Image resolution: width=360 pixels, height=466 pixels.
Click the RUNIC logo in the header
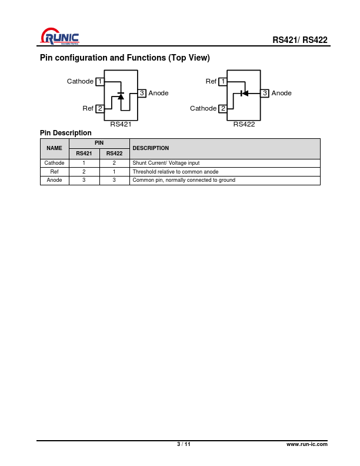point(60,36)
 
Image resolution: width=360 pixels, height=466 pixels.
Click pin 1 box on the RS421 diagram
point(100,81)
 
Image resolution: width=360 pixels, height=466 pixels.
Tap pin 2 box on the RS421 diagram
point(100,108)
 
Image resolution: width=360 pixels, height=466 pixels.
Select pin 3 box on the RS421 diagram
point(142,93)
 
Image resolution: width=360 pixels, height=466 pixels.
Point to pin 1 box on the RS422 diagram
point(223,81)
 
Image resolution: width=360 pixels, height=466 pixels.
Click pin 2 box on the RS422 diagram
point(223,108)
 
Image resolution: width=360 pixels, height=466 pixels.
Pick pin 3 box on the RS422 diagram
point(265,93)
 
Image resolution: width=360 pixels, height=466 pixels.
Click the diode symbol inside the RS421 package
point(121,96)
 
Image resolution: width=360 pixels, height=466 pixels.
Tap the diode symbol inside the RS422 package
point(244,94)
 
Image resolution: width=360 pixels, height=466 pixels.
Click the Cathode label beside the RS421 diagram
point(80,81)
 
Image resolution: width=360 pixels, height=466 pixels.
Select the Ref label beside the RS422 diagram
point(211,81)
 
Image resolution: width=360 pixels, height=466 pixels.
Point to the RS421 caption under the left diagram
point(121,124)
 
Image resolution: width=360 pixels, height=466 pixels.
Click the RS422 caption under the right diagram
point(244,124)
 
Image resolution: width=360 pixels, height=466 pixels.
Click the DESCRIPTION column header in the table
point(151,148)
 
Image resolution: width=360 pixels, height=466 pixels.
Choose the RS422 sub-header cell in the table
point(114,154)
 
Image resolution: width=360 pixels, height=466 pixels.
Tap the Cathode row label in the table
point(54,163)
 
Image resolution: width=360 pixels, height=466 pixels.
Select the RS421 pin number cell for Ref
point(84,172)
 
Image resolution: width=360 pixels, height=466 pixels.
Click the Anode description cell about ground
point(225,180)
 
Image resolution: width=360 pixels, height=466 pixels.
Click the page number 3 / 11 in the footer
point(184,444)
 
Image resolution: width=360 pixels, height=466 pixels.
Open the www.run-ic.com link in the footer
point(307,444)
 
